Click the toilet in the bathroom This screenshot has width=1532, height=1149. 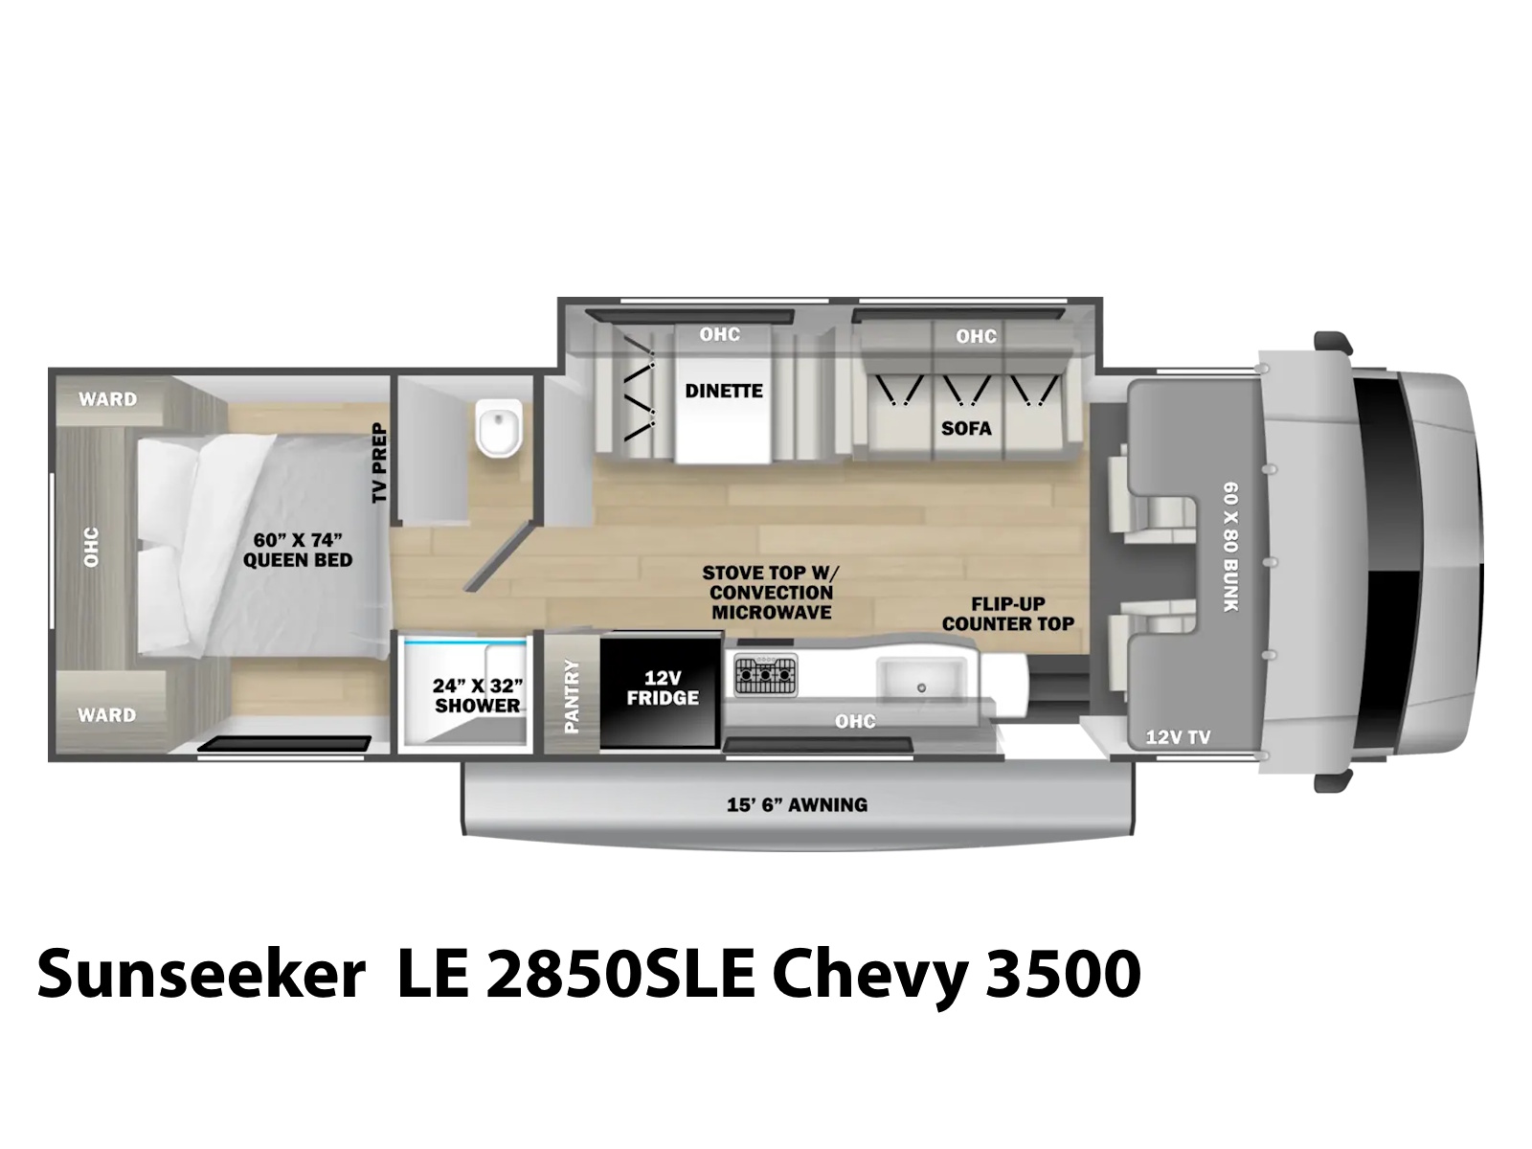pyautogui.click(x=499, y=428)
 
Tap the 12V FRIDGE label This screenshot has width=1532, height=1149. pyautogui.click(x=663, y=687)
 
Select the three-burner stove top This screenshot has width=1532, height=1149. pyautogui.click(x=766, y=675)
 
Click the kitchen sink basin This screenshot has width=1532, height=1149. pyautogui.click(x=921, y=680)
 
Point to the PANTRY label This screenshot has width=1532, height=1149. pyautogui.click(x=572, y=696)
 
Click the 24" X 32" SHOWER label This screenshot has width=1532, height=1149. pyautogui.click(x=478, y=695)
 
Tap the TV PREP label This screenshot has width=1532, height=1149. pyautogui.click(x=379, y=462)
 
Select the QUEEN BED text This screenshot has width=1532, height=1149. pyautogui.click(x=298, y=559)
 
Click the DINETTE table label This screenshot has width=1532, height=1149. pyautogui.click(x=724, y=391)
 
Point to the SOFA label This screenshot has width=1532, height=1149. pyautogui.click(x=966, y=428)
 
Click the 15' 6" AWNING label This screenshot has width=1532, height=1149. pyautogui.click(x=797, y=805)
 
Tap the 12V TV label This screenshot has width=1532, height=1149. pyautogui.click(x=1178, y=736)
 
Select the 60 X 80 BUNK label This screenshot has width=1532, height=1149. pyautogui.click(x=1230, y=547)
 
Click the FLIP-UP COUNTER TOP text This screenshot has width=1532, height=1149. pyautogui.click(x=1008, y=614)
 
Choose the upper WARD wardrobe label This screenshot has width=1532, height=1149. pyautogui.click(x=107, y=399)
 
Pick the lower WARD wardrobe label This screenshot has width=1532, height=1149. pyautogui.click(x=107, y=715)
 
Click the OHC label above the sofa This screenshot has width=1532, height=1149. pyautogui.click(x=976, y=336)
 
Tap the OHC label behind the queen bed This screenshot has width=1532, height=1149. pyautogui.click(x=91, y=547)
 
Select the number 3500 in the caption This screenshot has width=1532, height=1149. pyautogui.click(x=1062, y=973)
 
